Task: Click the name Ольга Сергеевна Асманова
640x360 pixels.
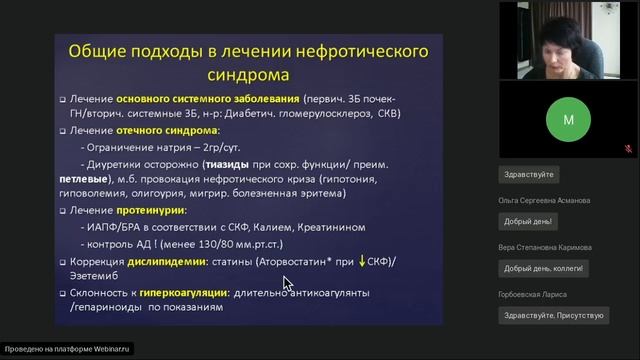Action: (x=543, y=200)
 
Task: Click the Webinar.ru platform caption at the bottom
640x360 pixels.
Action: (x=68, y=350)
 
